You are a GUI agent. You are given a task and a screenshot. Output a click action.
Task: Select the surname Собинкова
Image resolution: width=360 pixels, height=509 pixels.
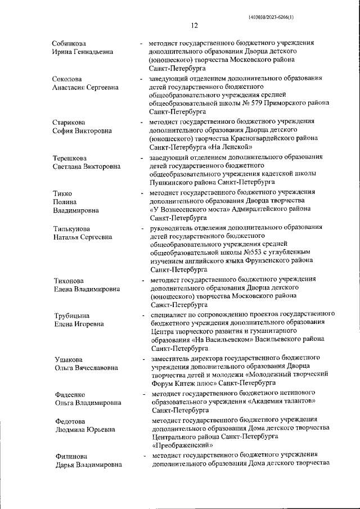(x=69, y=43)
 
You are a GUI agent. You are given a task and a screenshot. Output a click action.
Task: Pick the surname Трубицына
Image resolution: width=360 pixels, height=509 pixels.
(x=71, y=316)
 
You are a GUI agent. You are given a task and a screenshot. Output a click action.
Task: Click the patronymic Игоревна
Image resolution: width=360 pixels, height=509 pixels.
(x=89, y=324)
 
